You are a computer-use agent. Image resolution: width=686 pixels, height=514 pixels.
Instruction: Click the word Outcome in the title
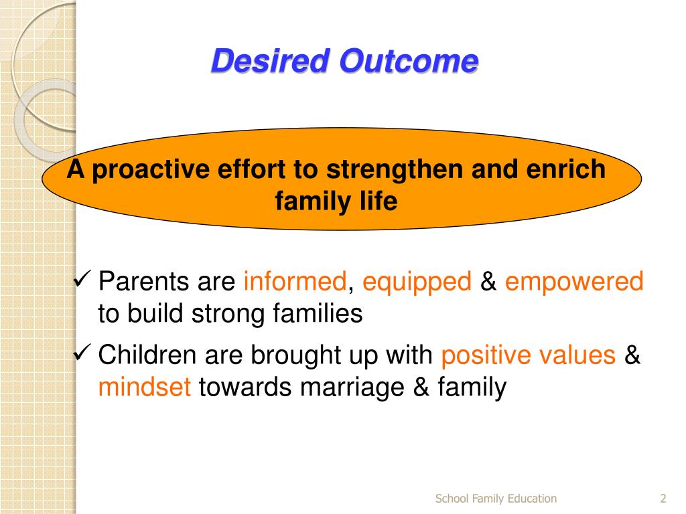pyautogui.click(x=409, y=60)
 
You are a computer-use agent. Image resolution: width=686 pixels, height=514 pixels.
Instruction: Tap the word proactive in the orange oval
pyautogui.click(x=151, y=170)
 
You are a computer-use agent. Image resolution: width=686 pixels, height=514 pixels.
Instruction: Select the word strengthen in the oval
pyautogui.click(x=394, y=169)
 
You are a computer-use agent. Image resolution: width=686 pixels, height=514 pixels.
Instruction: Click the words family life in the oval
pyautogui.click(x=336, y=201)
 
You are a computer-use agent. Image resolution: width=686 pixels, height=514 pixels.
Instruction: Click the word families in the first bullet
pyautogui.click(x=318, y=313)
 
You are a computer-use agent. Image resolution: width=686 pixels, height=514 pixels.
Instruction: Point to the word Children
pyautogui.click(x=147, y=354)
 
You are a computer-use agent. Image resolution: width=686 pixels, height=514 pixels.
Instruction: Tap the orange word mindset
pyautogui.click(x=145, y=386)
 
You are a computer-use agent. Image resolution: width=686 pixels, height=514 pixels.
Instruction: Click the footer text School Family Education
pyautogui.click(x=496, y=499)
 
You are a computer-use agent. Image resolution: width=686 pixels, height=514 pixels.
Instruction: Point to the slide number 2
pyautogui.click(x=663, y=498)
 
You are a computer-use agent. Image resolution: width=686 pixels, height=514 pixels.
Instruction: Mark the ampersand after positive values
pyautogui.click(x=632, y=354)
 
